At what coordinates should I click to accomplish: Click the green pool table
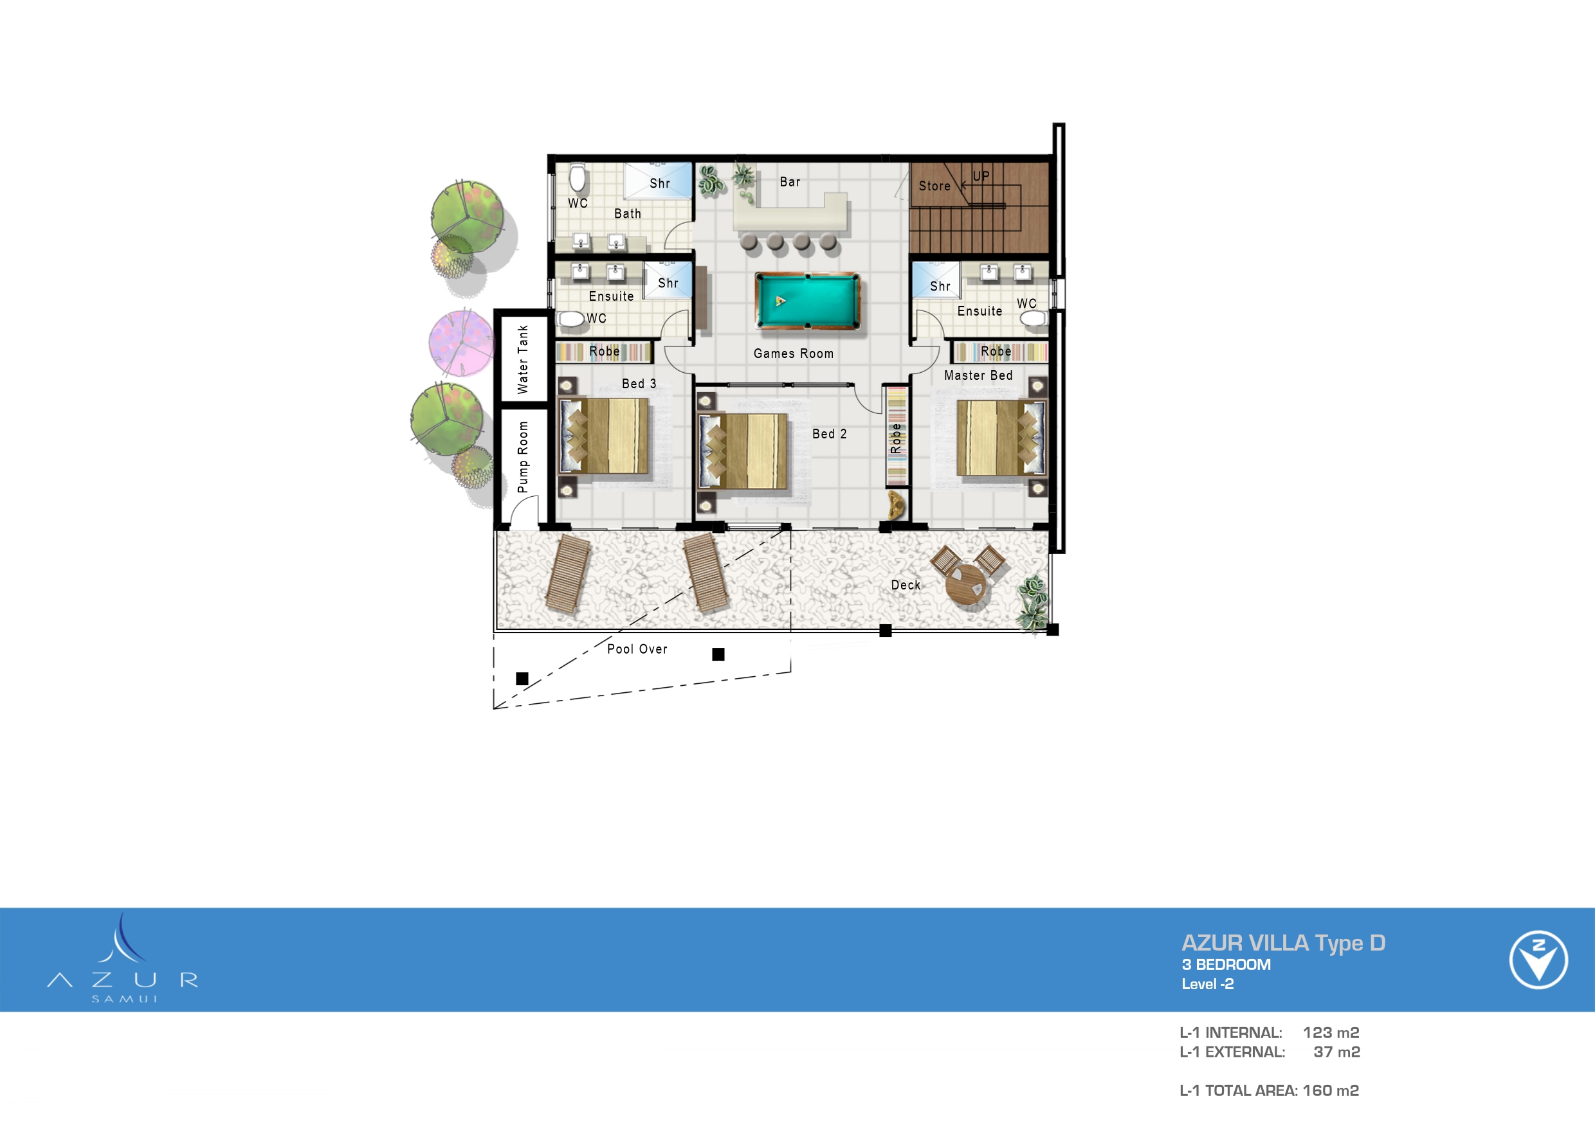click(808, 301)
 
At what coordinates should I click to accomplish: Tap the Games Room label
click(793, 354)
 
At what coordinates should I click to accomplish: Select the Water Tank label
click(523, 359)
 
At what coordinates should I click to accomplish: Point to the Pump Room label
click(523, 457)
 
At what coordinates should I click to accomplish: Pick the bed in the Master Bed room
click(1000, 437)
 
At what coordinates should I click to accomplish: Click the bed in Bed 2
click(743, 451)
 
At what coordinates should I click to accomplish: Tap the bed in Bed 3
click(604, 436)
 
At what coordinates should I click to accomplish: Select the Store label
click(934, 186)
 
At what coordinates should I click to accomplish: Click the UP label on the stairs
click(981, 175)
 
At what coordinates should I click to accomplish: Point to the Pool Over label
click(637, 649)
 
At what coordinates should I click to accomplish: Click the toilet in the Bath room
click(578, 179)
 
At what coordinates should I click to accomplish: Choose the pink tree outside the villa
click(460, 343)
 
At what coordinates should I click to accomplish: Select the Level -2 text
click(1207, 984)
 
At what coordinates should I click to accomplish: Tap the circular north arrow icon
click(1538, 959)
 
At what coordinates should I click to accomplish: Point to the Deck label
click(906, 585)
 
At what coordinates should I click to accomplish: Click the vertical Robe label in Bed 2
click(896, 438)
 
